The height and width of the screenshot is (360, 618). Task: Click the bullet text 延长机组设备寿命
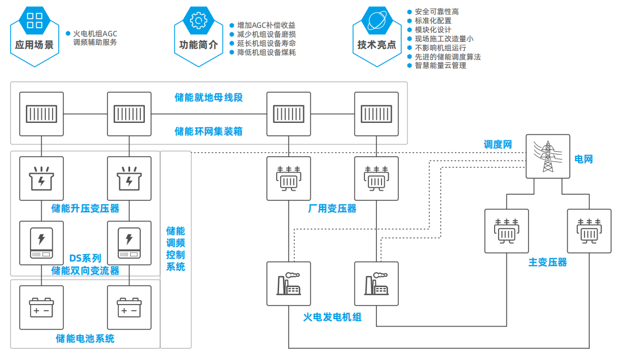coord(266,44)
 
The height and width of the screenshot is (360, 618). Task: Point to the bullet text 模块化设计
coord(433,29)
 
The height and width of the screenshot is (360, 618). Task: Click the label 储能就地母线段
coord(209,97)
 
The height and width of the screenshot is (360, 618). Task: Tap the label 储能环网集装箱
coord(209,131)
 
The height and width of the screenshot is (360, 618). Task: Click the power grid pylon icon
coord(547,156)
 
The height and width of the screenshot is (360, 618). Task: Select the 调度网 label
coord(498,145)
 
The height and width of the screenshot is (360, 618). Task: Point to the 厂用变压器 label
coord(332,208)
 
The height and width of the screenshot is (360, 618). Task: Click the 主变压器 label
coord(548,262)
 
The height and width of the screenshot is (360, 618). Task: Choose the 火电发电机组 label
coord(332,317)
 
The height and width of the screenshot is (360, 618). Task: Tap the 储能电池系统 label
coord(85,338)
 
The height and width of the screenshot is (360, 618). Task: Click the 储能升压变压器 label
coord(85,208)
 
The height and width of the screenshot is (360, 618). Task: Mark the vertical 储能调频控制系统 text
coord(175,249)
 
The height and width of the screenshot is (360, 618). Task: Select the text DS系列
coord(85,259)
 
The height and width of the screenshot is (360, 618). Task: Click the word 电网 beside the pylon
coord(584,159)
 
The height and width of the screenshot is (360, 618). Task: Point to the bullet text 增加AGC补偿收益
coord(266,25)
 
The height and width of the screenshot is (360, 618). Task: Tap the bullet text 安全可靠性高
coord(437,11)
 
